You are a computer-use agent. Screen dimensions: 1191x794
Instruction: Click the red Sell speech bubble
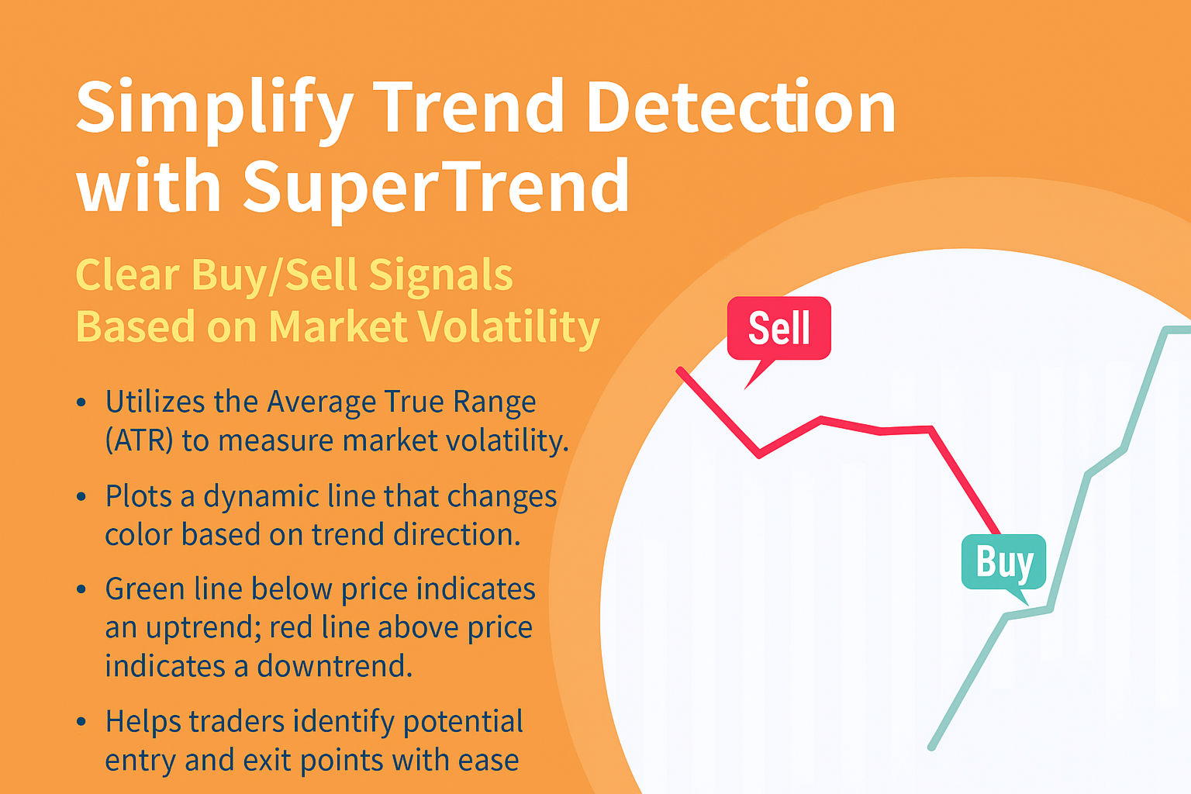[779, 329]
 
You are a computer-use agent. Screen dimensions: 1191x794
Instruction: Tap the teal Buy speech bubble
[1004, 562]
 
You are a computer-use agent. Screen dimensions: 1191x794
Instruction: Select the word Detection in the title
[741, 106]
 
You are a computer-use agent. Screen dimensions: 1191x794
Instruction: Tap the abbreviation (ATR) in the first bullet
[140, 441]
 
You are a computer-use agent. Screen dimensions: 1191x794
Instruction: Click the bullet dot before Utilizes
[81, 402]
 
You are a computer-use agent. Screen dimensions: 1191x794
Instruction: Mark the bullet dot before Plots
[81, 497]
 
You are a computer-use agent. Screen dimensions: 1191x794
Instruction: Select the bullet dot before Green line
[81, 590]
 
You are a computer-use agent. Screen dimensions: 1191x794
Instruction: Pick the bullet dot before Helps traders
[81, 722]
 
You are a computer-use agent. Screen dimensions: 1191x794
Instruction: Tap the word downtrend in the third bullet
[334, 666]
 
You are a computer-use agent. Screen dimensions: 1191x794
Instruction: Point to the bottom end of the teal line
[931, 747]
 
